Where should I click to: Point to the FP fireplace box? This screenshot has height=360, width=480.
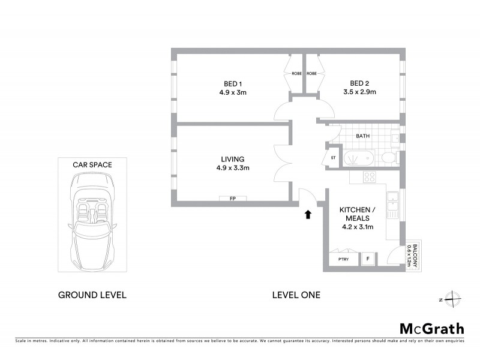click(232, 199)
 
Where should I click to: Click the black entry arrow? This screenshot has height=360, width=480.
click(308, 214)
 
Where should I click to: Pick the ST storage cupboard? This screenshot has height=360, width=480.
click(332, 158)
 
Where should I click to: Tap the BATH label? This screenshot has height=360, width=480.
click(362, 136)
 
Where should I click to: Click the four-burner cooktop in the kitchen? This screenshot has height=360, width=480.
click(370, 178)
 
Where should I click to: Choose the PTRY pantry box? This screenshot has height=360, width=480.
click(343, 259)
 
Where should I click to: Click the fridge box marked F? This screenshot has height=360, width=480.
click(368, 259)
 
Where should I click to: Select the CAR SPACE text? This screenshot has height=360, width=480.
click(92, 164)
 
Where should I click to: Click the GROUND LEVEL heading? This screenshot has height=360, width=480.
click(92, 295)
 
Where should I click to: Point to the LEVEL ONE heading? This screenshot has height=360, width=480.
click(296, 295)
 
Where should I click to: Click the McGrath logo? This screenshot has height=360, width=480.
click(431, 328)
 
